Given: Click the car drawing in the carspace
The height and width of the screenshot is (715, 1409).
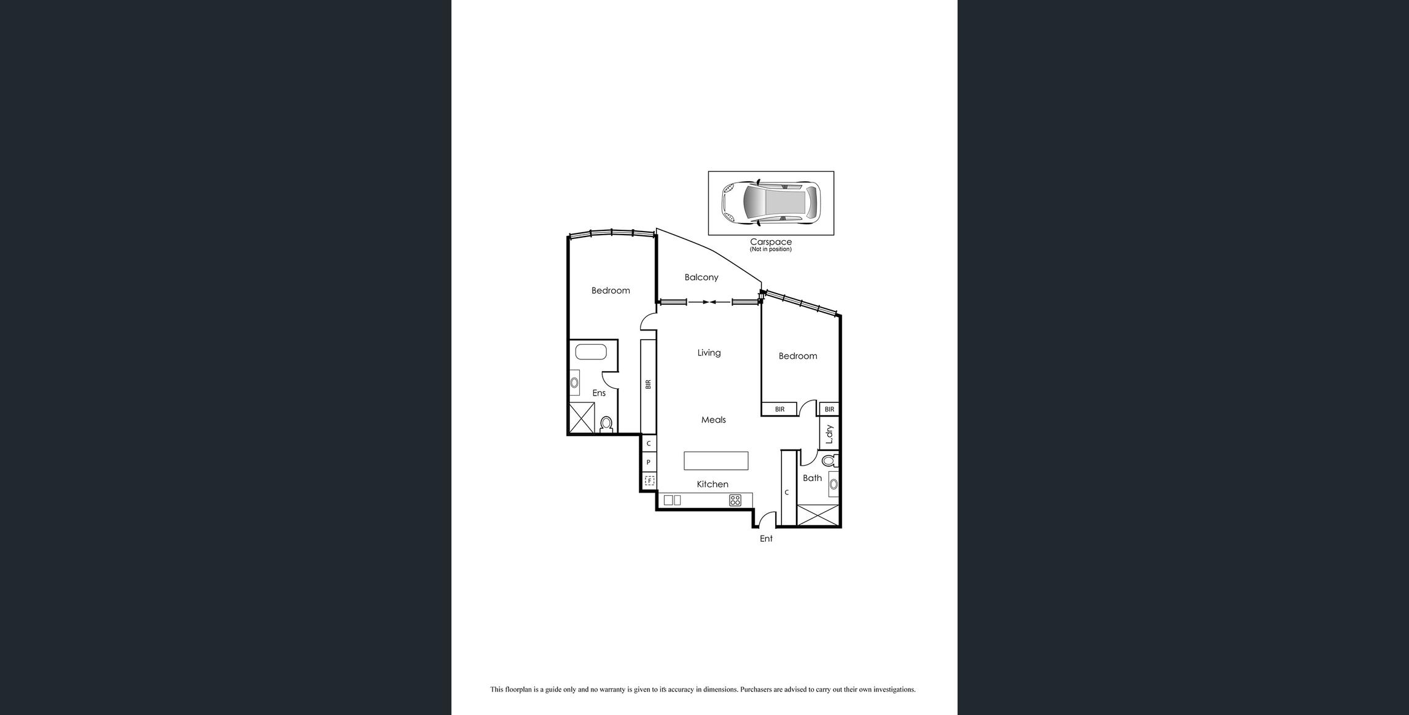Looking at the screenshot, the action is coord(771,203).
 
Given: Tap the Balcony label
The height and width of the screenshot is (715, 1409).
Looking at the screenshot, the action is coord(701,277).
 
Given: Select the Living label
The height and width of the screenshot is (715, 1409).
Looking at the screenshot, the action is coord(709,353).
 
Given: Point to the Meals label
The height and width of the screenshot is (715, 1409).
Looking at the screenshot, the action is coord(714,420).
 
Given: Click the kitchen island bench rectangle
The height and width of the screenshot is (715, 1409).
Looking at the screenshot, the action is coord(716,461).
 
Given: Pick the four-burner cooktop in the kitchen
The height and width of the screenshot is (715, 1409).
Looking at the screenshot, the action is coord(735,500).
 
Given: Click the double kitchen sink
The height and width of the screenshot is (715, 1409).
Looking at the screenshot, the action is coord(673,500).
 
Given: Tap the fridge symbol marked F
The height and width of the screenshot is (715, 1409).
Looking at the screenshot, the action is coord(649,480).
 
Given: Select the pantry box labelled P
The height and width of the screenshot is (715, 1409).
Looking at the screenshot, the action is coord(649,462).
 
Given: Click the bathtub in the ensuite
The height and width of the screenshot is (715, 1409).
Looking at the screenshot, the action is coord(591,352).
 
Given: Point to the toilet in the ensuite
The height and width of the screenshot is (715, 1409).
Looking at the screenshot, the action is coord(606,424).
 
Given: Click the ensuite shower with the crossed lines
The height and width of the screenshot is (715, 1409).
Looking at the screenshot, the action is coord(582,418).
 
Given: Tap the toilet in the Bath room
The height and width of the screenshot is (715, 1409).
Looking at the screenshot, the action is coord(830,460).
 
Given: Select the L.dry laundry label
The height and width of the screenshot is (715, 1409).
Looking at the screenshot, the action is coord(829,434).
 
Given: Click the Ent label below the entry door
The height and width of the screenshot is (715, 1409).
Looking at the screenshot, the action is coord(767,539).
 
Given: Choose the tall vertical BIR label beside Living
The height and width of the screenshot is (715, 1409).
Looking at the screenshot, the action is coord(648,384).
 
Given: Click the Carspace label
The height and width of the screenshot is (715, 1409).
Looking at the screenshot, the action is coord(771,242).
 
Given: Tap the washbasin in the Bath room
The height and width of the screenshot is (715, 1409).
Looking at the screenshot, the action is coord(833,484).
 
